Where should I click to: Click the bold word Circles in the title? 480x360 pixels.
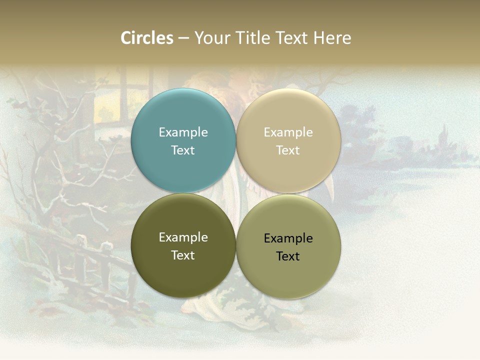pos(147,38)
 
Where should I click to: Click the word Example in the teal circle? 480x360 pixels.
pos(183,132)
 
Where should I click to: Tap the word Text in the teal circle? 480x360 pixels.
pos(183,150)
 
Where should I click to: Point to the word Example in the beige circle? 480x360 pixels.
pos(288,132)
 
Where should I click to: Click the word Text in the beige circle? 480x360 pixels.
pos(288,150)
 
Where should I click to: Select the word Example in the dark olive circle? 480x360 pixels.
pos(183,237)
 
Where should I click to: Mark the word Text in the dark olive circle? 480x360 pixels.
pos(183,255)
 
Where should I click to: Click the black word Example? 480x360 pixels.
pos(288,238)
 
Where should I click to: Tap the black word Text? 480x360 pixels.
pos(288,256)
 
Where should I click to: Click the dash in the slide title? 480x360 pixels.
pos(183,38)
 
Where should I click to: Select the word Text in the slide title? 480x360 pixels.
pos(292,38)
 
